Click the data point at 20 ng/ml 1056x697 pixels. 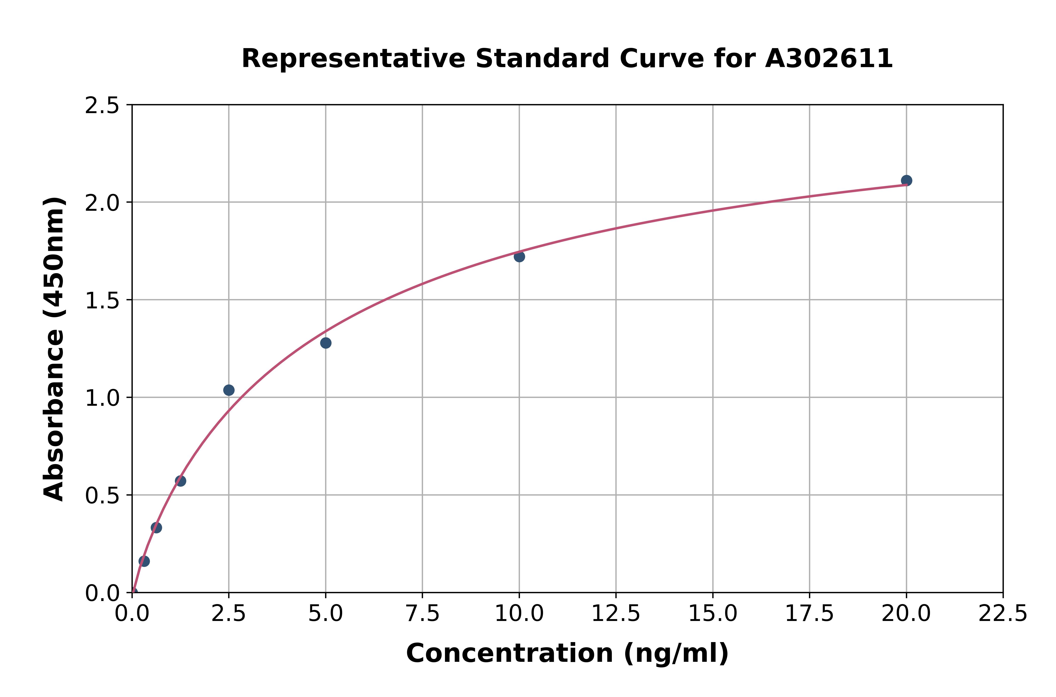tap(906, 180)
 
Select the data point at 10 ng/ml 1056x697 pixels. tap(519, 257)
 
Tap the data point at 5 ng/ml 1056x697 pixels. tap(326, 343)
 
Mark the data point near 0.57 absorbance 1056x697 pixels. tap(180, 481)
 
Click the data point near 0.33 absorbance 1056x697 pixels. tap(157, 528)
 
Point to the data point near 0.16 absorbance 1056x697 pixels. tap(144, 561)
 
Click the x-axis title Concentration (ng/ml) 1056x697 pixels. tap(567, 653)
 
